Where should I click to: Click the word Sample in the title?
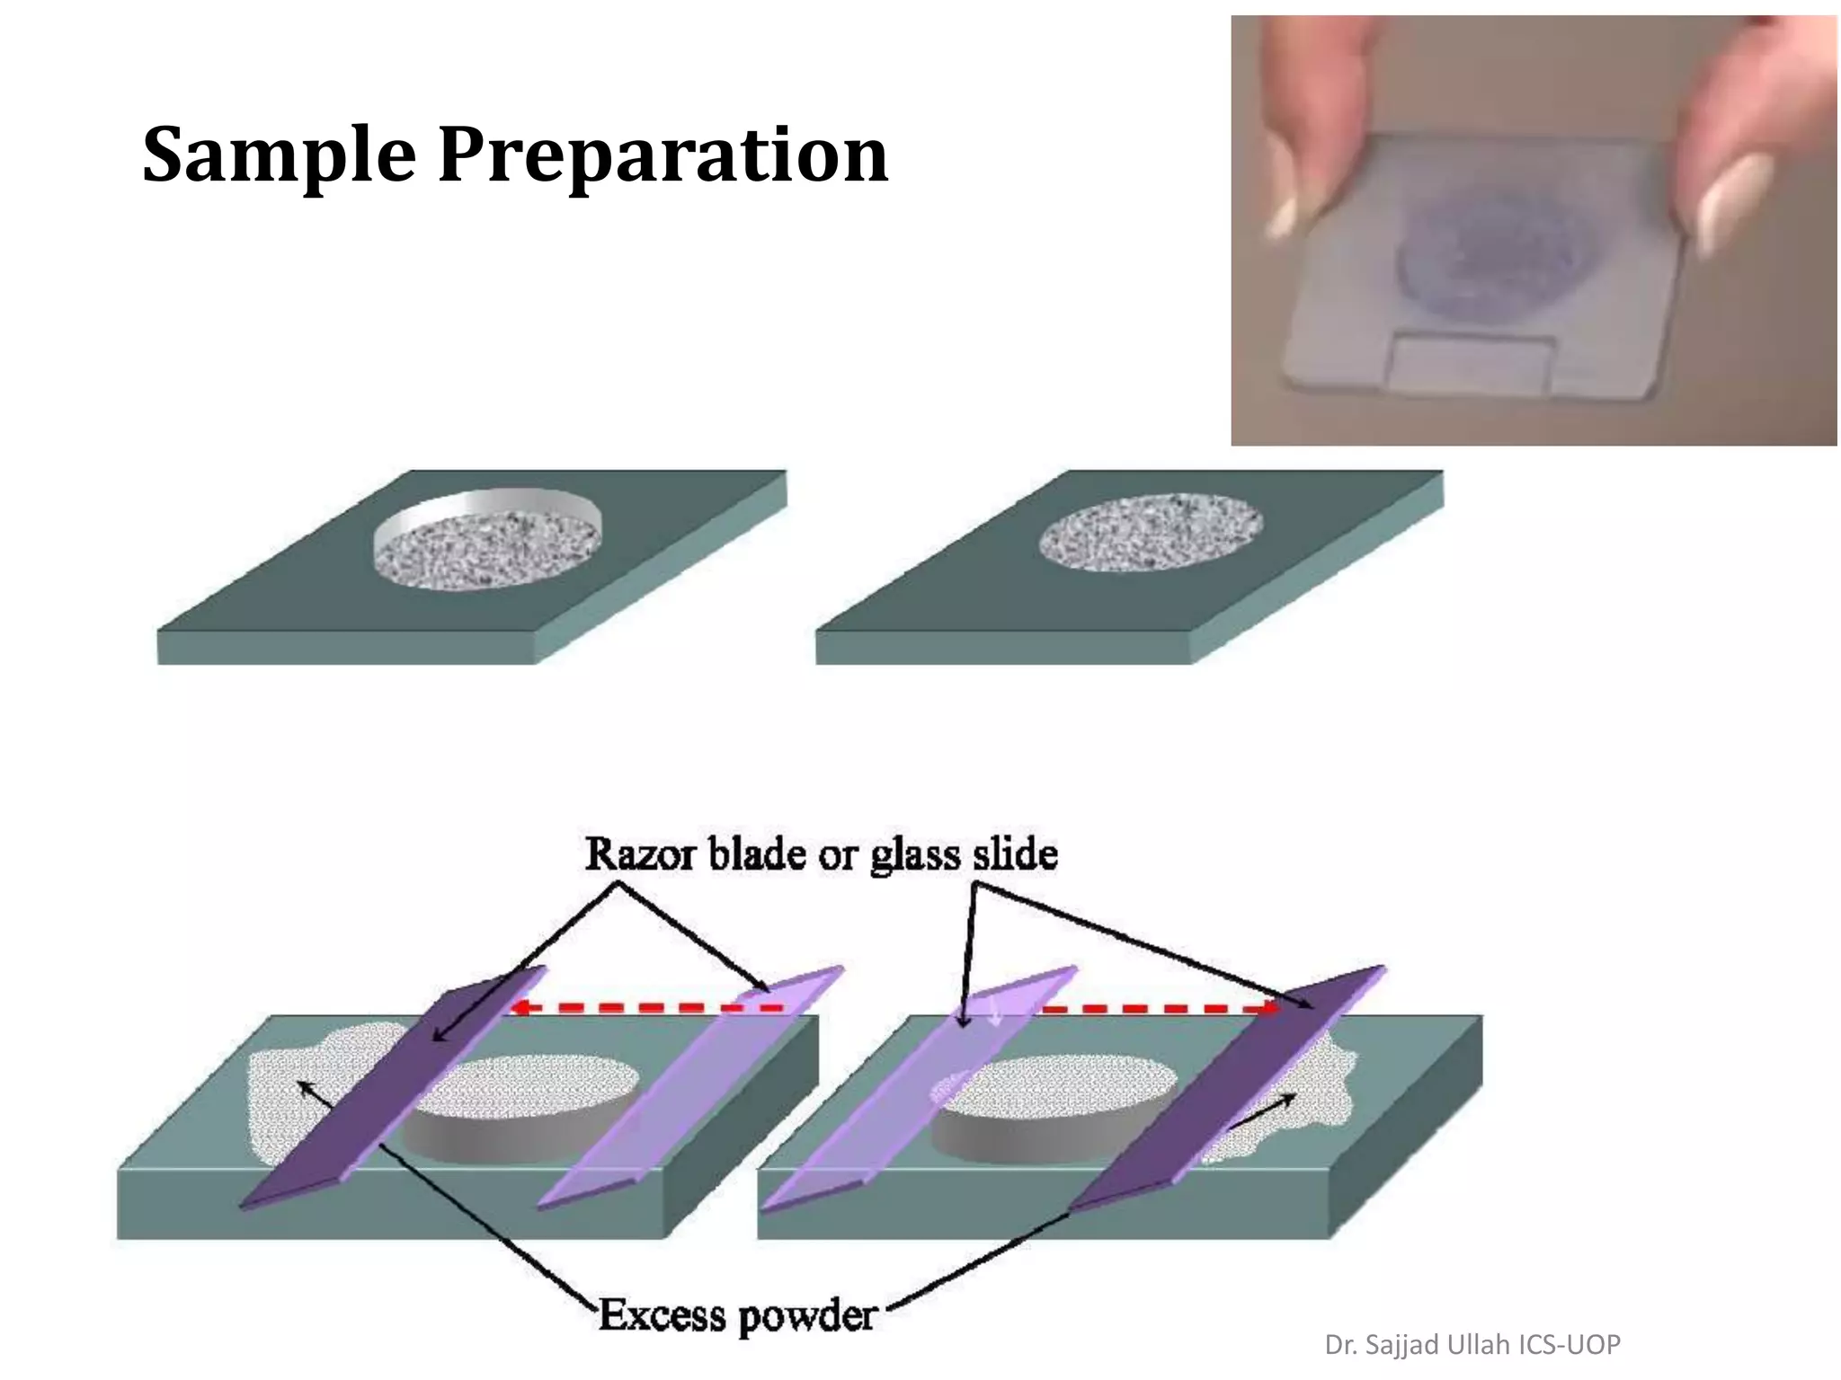click(279, 155)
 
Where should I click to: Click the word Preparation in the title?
click(663, 155)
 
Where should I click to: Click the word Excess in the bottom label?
click(663, 1315)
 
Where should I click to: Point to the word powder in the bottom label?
click(806, 1317)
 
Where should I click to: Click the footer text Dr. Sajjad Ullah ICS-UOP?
click(1472, 1344)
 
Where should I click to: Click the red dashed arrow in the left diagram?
click(647, 1008)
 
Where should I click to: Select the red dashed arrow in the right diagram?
click(1160, 1008)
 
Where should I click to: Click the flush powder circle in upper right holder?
click(1151, 532)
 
